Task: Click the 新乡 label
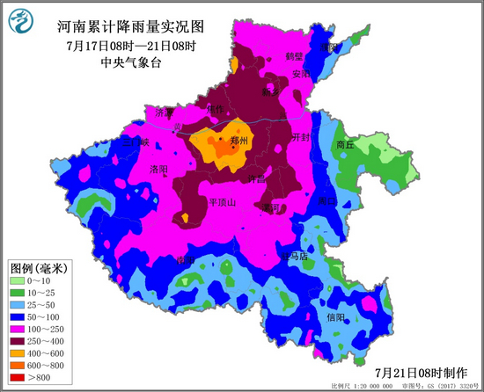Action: [270, 91]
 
